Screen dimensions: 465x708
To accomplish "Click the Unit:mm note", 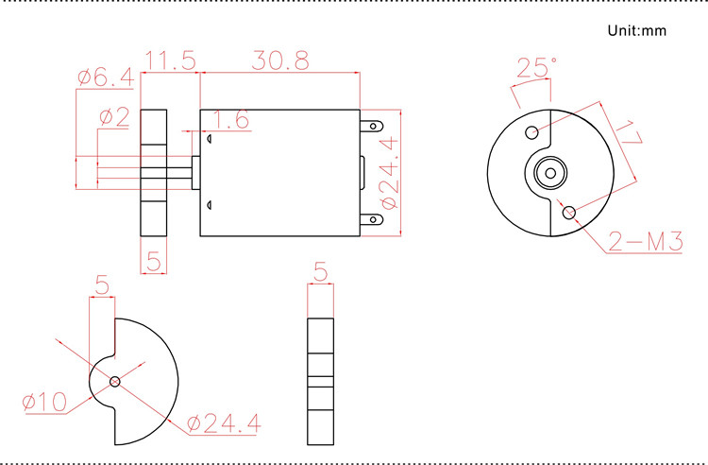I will click(x=637, y=30).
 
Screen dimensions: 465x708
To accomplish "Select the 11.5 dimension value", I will click(x=169, y=60).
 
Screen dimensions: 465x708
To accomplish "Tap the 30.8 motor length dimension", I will click(x=280, y=60).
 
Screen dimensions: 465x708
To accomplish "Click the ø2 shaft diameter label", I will click(x=113, y=117).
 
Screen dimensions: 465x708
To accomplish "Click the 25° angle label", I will click(x=536, y=67).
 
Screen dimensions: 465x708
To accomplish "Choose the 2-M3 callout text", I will click(x=646, y=242).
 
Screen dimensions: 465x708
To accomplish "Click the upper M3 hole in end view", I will click(x=532, y=131).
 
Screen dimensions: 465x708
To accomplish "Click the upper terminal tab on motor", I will click(x=375, y=125).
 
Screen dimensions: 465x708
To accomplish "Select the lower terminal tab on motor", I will click(x=375, y=220).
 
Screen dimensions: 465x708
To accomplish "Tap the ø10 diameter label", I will click(x=44, y=403).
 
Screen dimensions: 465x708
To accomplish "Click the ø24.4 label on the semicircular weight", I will click(x=223, y=423).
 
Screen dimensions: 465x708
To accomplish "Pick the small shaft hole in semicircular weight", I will click(x=114, y=382).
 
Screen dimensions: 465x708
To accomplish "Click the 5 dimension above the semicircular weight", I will click(x=102, y=284).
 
